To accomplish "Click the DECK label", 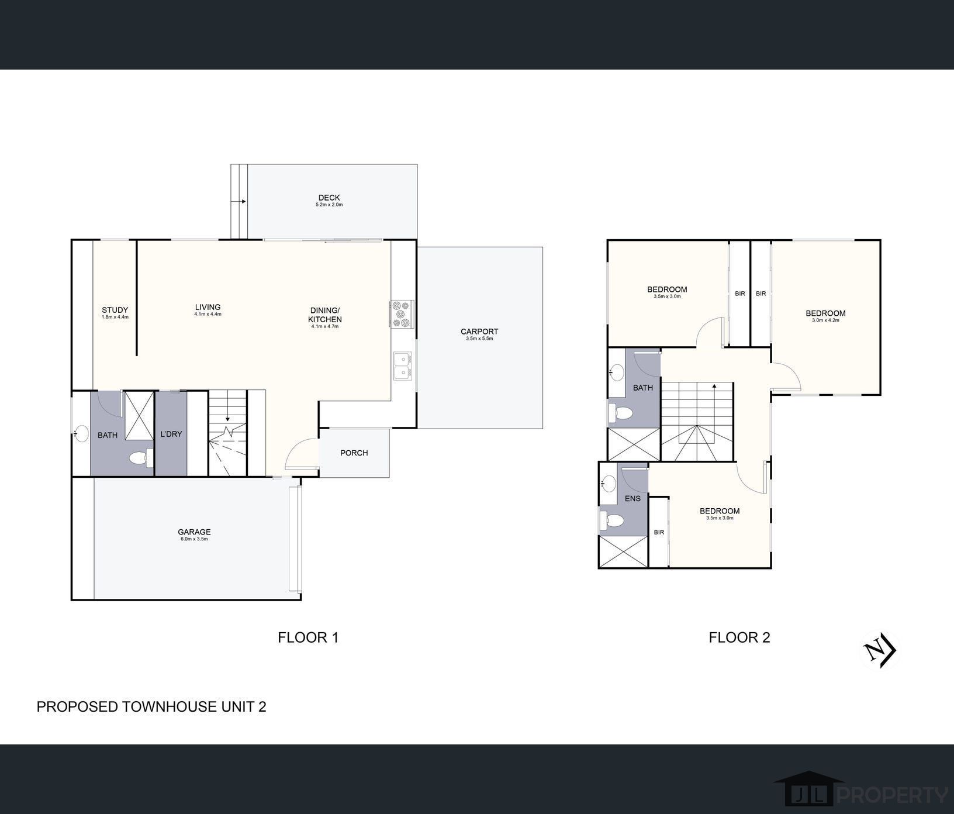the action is pos(329,198).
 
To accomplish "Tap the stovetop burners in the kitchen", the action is pos(402,313).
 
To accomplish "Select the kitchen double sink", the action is pos(403,365).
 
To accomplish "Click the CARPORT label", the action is pos(479,332).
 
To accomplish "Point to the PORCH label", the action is pos(354,453).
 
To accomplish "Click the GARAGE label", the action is pos(194,532).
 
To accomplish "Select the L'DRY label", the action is pos(171,434).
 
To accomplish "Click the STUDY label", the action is pos(115,310).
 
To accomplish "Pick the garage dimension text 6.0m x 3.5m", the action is pos(194,539).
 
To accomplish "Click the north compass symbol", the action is pos(880,651).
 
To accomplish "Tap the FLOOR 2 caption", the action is pos(739,637).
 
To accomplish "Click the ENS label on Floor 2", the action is pos(632,498).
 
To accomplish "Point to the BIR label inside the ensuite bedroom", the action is pos(659,532).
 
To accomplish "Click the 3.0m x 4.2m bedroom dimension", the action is pos(825,320).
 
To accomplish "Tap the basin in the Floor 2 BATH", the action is pos(616,371).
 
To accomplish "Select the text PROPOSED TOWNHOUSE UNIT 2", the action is pos(151,706).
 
